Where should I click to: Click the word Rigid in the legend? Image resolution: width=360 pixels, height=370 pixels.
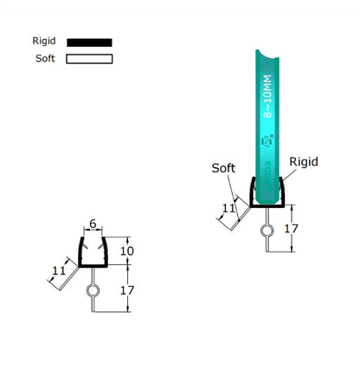pyautogui.click(x=43, y=41)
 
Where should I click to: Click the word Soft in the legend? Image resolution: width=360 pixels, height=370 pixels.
pyautogui.click(x=43, y=59)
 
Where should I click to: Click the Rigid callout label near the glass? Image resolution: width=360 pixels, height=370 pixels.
pyautogui.click(x=303, y=162)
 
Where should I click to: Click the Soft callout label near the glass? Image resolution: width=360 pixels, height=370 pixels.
pyautogui.click(x=224, y=167)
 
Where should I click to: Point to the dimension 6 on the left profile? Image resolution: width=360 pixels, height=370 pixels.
pyautogui.click(x=94, y=223)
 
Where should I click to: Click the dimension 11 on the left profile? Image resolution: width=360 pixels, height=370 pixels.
pyautogui.click(x=58, y=271)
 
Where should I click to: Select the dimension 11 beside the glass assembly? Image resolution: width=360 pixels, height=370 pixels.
pyautogui.click(x=228, y=207)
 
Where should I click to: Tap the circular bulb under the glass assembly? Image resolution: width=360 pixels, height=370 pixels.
pyautogui.click(x=267, y=230)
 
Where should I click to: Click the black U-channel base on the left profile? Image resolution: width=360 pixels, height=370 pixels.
pyautogui.click(x=93, y=265)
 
